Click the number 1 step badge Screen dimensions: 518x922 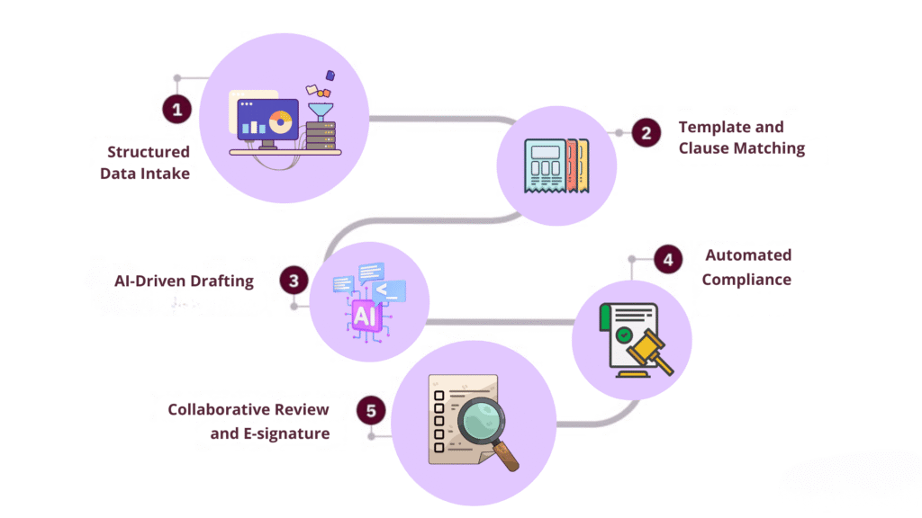(177, 110)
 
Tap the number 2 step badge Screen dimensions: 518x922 (646, 133)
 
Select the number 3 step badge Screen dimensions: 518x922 (294, 281)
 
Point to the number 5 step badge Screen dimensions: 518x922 (370, 412)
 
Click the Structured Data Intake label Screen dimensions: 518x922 (145, 163)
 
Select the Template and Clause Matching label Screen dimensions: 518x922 (741, 138)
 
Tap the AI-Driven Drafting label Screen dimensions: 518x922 (184, 281)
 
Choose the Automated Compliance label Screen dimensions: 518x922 (746, 267)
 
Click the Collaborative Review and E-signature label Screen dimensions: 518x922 (249, 422)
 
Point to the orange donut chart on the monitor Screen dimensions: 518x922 (280, 122)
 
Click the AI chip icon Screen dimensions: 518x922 (365, 316)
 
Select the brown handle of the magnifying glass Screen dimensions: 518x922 (508, 459)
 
